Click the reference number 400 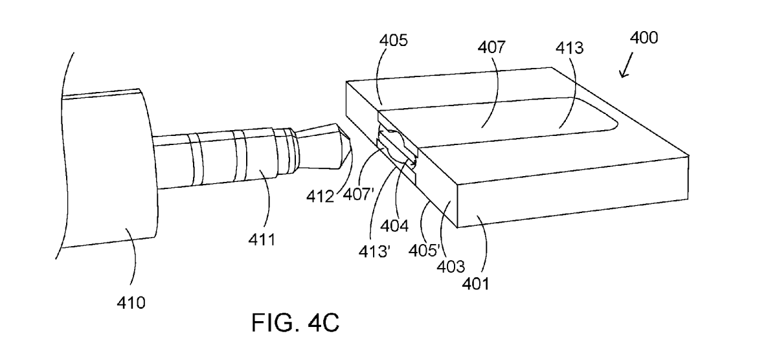(644, 38)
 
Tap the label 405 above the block (393, 40)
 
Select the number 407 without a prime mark (491, 47)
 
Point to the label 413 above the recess (570, 48)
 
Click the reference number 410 (131, 302)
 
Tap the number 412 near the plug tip (321, 196)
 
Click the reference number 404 (394, 225)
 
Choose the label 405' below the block (425, 250)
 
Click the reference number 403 (451, 266)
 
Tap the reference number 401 (475, 283)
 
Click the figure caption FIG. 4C (295, 323)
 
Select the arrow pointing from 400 (626, 65)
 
